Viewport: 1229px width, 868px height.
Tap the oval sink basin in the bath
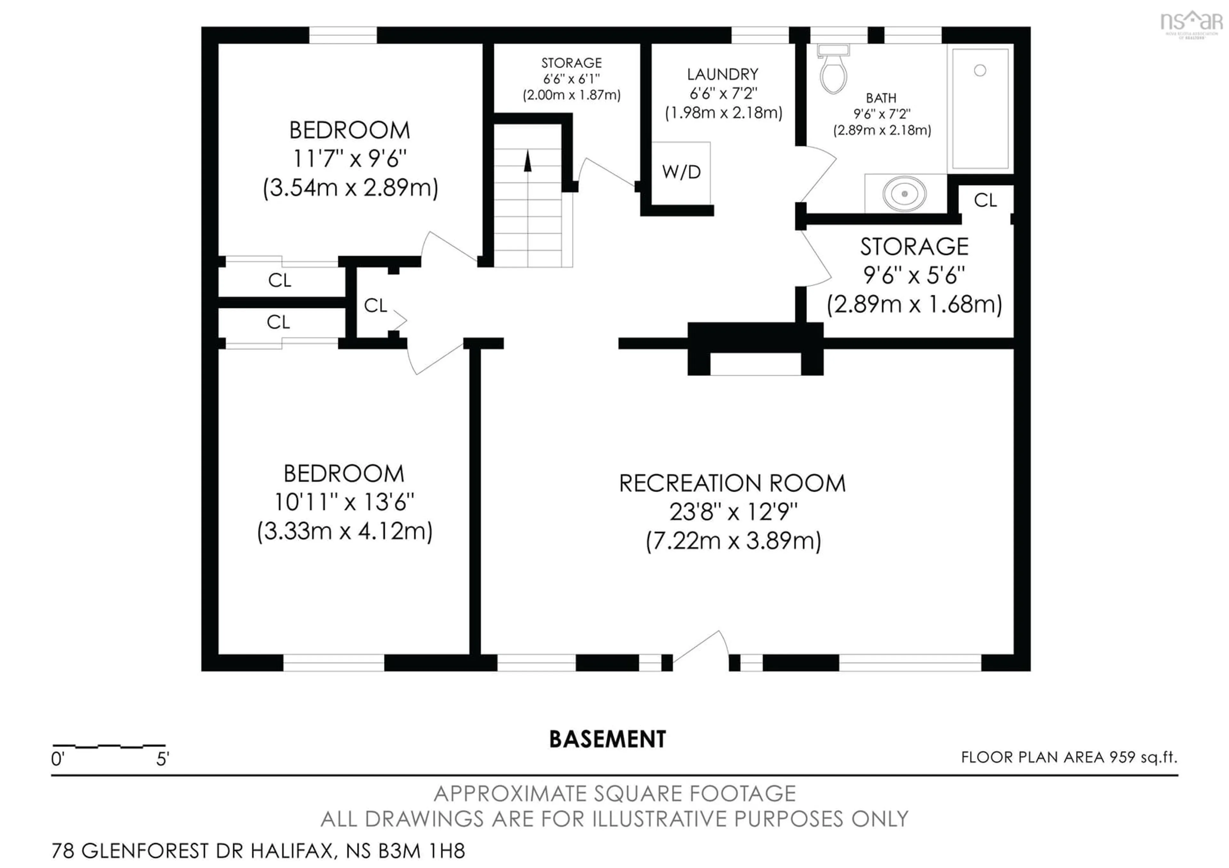pos(904,193)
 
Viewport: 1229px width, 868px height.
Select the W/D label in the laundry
pos(681,172)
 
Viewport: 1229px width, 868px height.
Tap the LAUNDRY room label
pos(723,74)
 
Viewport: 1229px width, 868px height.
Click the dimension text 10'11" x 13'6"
pos(344,502)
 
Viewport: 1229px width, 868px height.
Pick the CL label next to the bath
pos(985,200)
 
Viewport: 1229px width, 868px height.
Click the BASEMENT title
pos(607,739)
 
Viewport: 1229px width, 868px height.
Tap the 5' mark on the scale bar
pos(162,759)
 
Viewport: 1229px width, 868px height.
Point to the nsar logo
pos(1191,22)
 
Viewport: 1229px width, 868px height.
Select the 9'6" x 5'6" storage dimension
pos(914,276)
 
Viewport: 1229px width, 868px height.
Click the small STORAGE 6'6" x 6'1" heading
pos(571,63)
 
